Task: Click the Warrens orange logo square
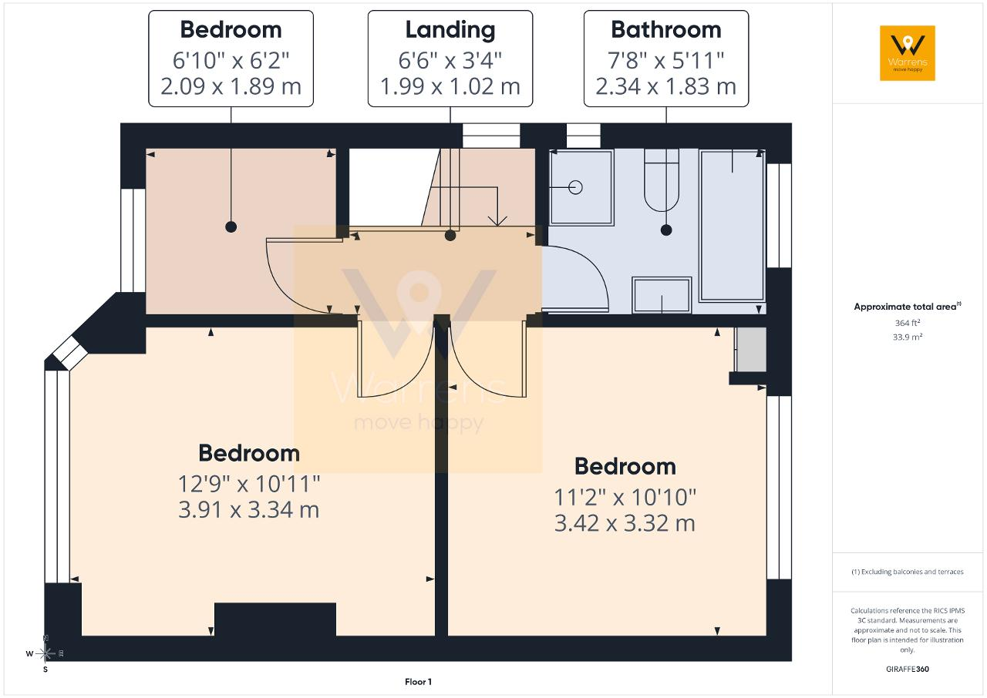click(x=908, y=53)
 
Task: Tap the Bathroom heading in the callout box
click(x=665, y=30)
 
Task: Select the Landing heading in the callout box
click(x=450, y=31)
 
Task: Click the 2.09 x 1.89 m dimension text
click(x=231, y=86)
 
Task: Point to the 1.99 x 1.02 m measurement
click(x=450, y=86)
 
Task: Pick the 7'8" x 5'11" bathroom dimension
click(x=665, y=60)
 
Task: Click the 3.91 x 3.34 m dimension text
click(x=248, y=510)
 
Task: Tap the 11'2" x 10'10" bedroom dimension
click(x=625, y=498)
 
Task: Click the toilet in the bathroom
click(x=662, y=180)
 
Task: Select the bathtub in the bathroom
click(x=732, y=226)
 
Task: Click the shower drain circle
click(x=575, y=187)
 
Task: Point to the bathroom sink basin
click(x=662, y=295)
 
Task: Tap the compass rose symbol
click(x=45, y=653)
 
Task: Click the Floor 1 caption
click(x=418, y=682)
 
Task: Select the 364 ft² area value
click(x=908, y=323)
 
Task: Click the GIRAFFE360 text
click(x=908, y=669)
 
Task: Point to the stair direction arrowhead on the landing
click(x=497, y=221)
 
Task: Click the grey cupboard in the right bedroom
click(x=751, y=350)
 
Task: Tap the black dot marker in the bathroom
click(x=666, y=230)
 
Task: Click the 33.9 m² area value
click(x=908, y=337)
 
